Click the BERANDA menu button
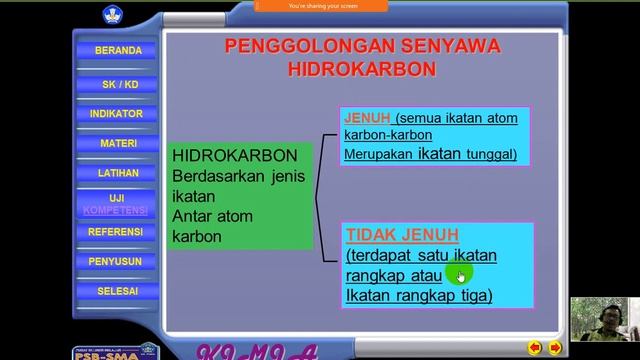click(118, 50)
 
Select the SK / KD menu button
click(118, 84)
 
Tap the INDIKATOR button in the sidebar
click(117, 114)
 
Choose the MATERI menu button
click(118, 144)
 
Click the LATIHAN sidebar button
click(118, 173)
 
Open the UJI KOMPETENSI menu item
click(116, 204)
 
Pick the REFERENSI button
click(116, 232)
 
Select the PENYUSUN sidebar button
click(118, 262)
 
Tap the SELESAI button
click(118, 291)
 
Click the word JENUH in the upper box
click(366, 117)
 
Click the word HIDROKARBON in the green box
click(235, 157)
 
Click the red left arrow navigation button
click(535, 348)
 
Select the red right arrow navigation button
click(555, 348)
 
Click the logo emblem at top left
click(109, 15)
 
